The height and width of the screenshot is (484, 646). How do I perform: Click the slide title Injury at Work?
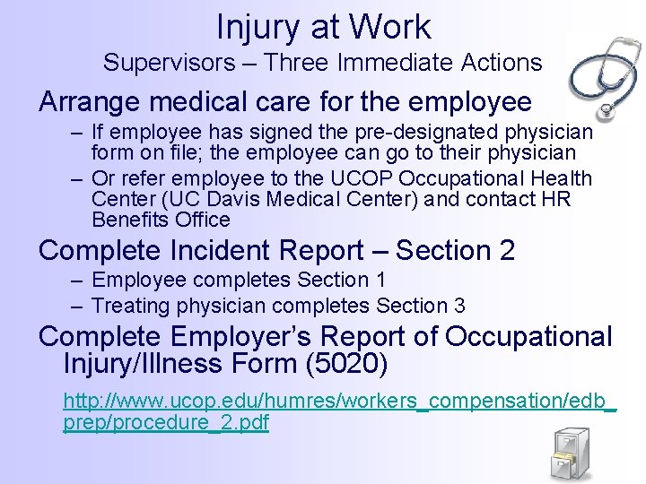[323, 26]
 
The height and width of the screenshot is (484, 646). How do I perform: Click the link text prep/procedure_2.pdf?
[166, 423]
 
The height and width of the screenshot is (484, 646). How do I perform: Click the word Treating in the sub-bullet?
[131, 306]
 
